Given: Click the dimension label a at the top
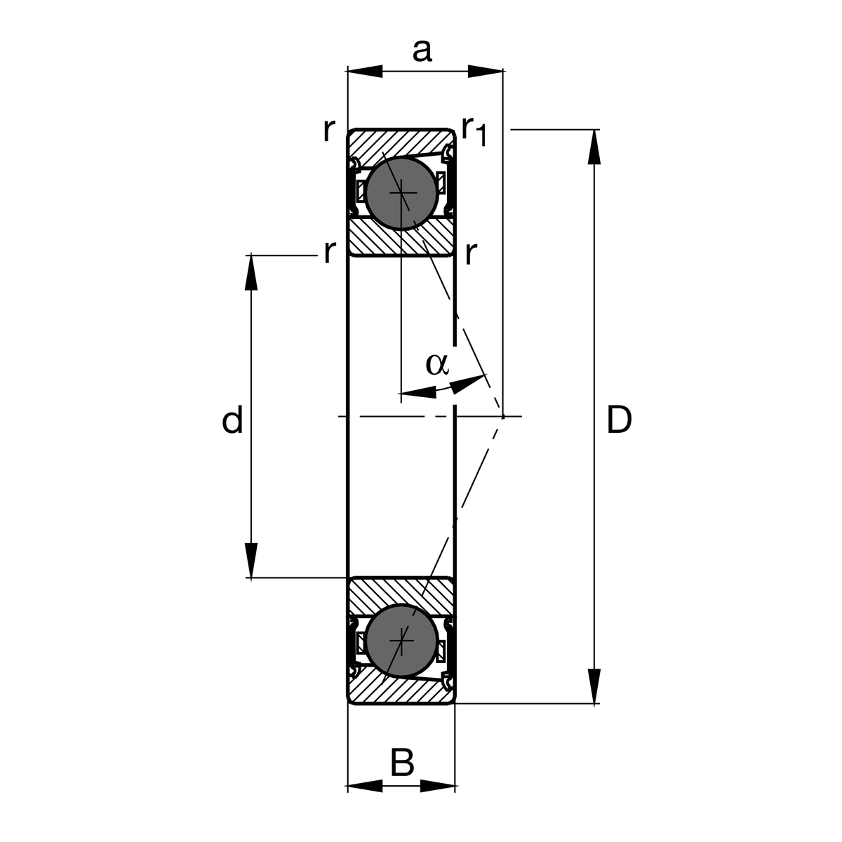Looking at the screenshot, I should click(422, 51).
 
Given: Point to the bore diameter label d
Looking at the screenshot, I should click(232, 420).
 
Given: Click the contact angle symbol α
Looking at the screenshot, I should click(436, 363).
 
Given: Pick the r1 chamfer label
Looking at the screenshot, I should click(474, 131).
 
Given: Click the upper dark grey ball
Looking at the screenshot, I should click(401, 192).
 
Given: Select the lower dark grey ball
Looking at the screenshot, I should click(401, 640).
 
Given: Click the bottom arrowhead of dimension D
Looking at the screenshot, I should click(594, 686).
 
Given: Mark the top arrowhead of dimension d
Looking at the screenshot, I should click(251, 272).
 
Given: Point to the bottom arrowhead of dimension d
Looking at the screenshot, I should click(251, 561).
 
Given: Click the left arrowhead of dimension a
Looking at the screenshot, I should click(366, 71).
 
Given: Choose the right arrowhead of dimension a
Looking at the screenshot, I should click(486, 71).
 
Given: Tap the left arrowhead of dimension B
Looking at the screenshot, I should click(365, 786).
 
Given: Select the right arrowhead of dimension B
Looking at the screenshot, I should click(439, 786).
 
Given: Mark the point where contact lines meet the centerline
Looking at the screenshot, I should click(503, 417).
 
